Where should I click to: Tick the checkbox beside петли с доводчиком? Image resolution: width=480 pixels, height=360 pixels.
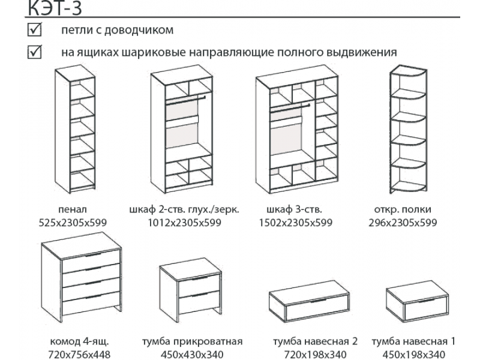pyautogui.click(x=34, y=29)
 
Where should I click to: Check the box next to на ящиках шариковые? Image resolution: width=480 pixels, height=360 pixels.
pyautogui.click(x=34, y=52)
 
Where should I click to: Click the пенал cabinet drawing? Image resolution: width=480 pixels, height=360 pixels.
pyautogui.click(x=76, y=128)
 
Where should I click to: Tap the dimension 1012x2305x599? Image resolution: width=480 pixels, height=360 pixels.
pyautogui.click(x=184, y=223)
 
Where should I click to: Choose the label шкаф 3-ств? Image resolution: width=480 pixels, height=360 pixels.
pyautogui.click(x=293, y=209)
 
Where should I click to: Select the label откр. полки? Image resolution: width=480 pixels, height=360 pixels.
pyautogui.click(x=402, y=209)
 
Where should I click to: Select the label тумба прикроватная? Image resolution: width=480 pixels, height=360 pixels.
pyautogui.click(x=192, y=341)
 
